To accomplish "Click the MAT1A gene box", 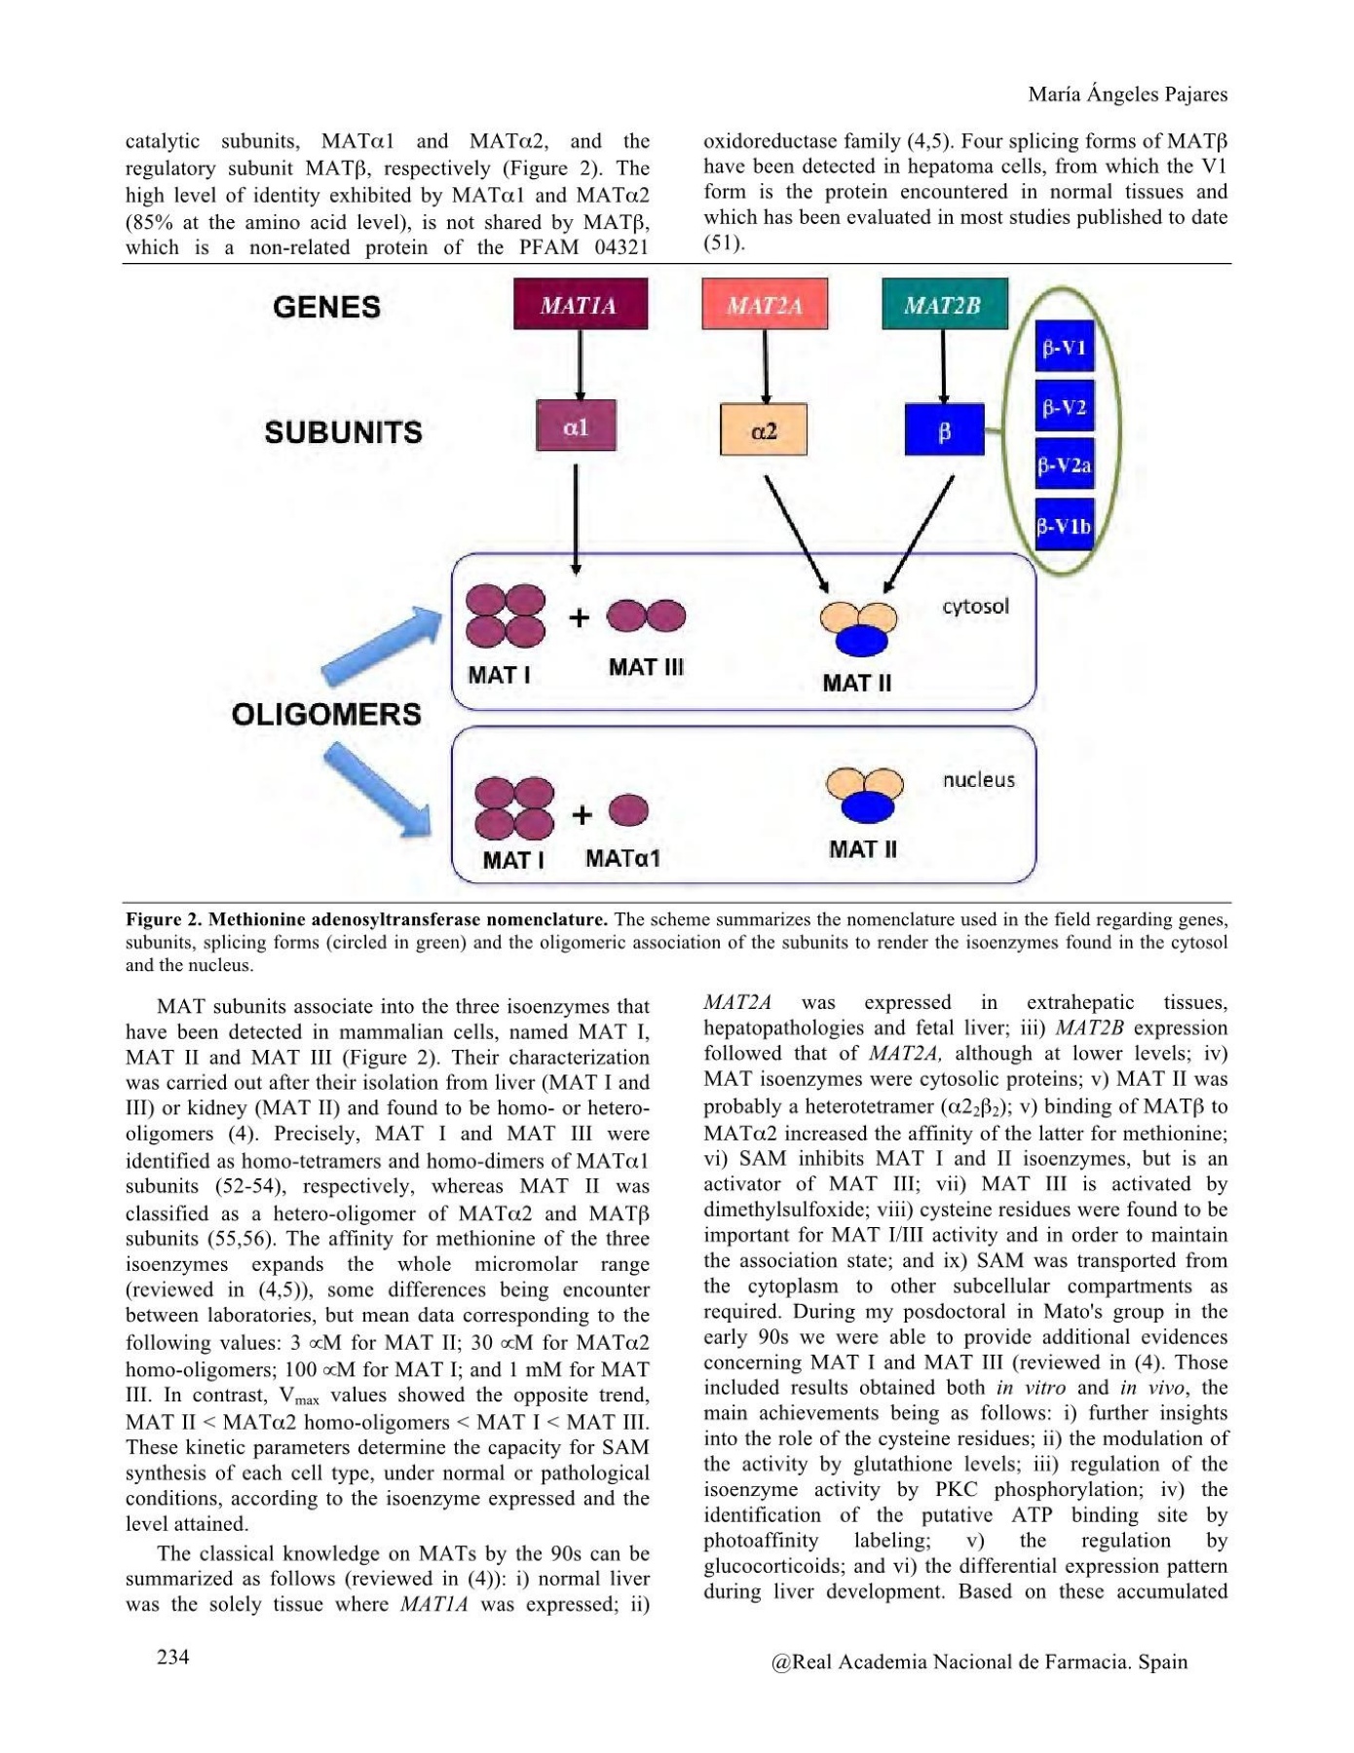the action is click(581, 305).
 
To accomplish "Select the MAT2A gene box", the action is click(765, 305).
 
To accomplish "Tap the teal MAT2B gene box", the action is click(944, 305).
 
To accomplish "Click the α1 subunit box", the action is click(576, 426).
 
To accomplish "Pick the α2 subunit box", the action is click(764, 429).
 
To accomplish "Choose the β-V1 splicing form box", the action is click(1064, 348).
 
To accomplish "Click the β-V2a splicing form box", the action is click(1064, 466).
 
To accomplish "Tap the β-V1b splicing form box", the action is click(1064, 525).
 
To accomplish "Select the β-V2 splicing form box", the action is click(1064, 406).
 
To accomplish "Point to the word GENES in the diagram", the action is click(326, 307).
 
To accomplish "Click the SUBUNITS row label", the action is click(343, 431).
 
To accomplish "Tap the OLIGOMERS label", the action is click(326, 714).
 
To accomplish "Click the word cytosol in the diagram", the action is click(975, 607).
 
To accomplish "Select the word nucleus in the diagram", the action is click(978, 779).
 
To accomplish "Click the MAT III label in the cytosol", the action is click(646, 667).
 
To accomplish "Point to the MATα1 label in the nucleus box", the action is click(622, 858).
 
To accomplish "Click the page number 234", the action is click(173, 1657).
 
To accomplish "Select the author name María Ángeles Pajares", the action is click(1128, 94).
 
